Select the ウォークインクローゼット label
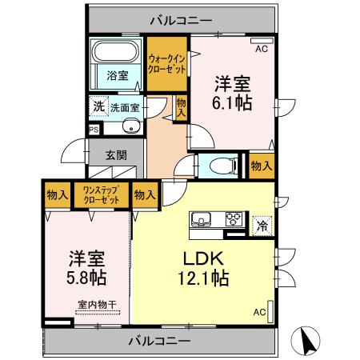click(x=168, y=64)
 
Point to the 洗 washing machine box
click(x=98, y=106)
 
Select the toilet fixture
click(x=225, y=166)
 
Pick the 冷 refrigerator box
click(x=262, y=225)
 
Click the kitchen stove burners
click(x=234, y=218)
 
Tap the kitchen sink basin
click(x=200, y=218)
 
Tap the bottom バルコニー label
click(x=158, y=341)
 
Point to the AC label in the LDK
click(x=260, y=312)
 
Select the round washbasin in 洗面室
click(x=130, y=126)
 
